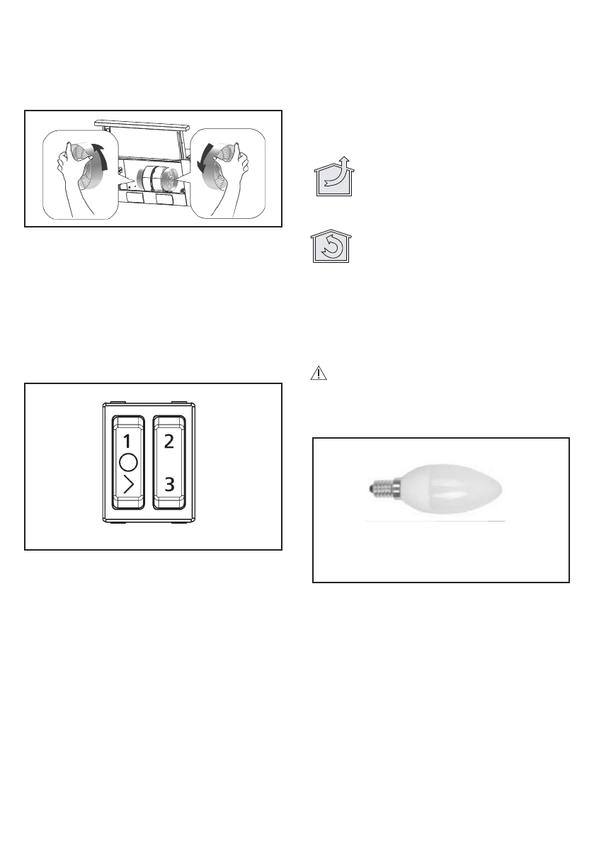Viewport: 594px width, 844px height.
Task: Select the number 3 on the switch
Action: [x=169, y=485]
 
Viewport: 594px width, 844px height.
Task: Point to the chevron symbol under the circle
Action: [x=127, y=487]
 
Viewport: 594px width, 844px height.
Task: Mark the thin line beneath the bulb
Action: [x=435, y=521]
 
